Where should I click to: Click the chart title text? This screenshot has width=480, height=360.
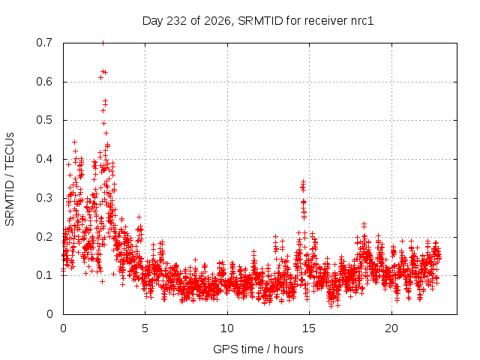coord(258,21)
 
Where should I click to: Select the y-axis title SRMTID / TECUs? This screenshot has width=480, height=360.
coord(10,179)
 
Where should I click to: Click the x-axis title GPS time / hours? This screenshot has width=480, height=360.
coord(258,349)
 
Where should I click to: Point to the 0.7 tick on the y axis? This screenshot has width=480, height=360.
coord(44,43)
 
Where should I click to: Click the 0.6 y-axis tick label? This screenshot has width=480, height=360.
coord(44,82)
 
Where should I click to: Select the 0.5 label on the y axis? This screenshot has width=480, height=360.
coord(44,120)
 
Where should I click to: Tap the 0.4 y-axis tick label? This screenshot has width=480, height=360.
coord(44,159)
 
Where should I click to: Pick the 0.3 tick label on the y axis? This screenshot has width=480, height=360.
coord(44,198)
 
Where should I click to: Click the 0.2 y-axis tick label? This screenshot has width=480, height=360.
coord(44,237)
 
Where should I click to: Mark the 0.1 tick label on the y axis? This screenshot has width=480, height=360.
coord(44,275)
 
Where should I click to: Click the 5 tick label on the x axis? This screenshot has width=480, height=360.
coord(145,328)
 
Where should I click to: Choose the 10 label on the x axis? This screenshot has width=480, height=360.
coord(227,328)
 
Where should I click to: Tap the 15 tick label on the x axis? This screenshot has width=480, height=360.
coord(309,328)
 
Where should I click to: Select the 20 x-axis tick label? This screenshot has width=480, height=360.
coord(391,328)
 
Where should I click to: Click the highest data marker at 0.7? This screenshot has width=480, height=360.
coord(103,43)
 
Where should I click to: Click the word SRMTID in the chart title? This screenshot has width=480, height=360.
coord(260,21)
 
